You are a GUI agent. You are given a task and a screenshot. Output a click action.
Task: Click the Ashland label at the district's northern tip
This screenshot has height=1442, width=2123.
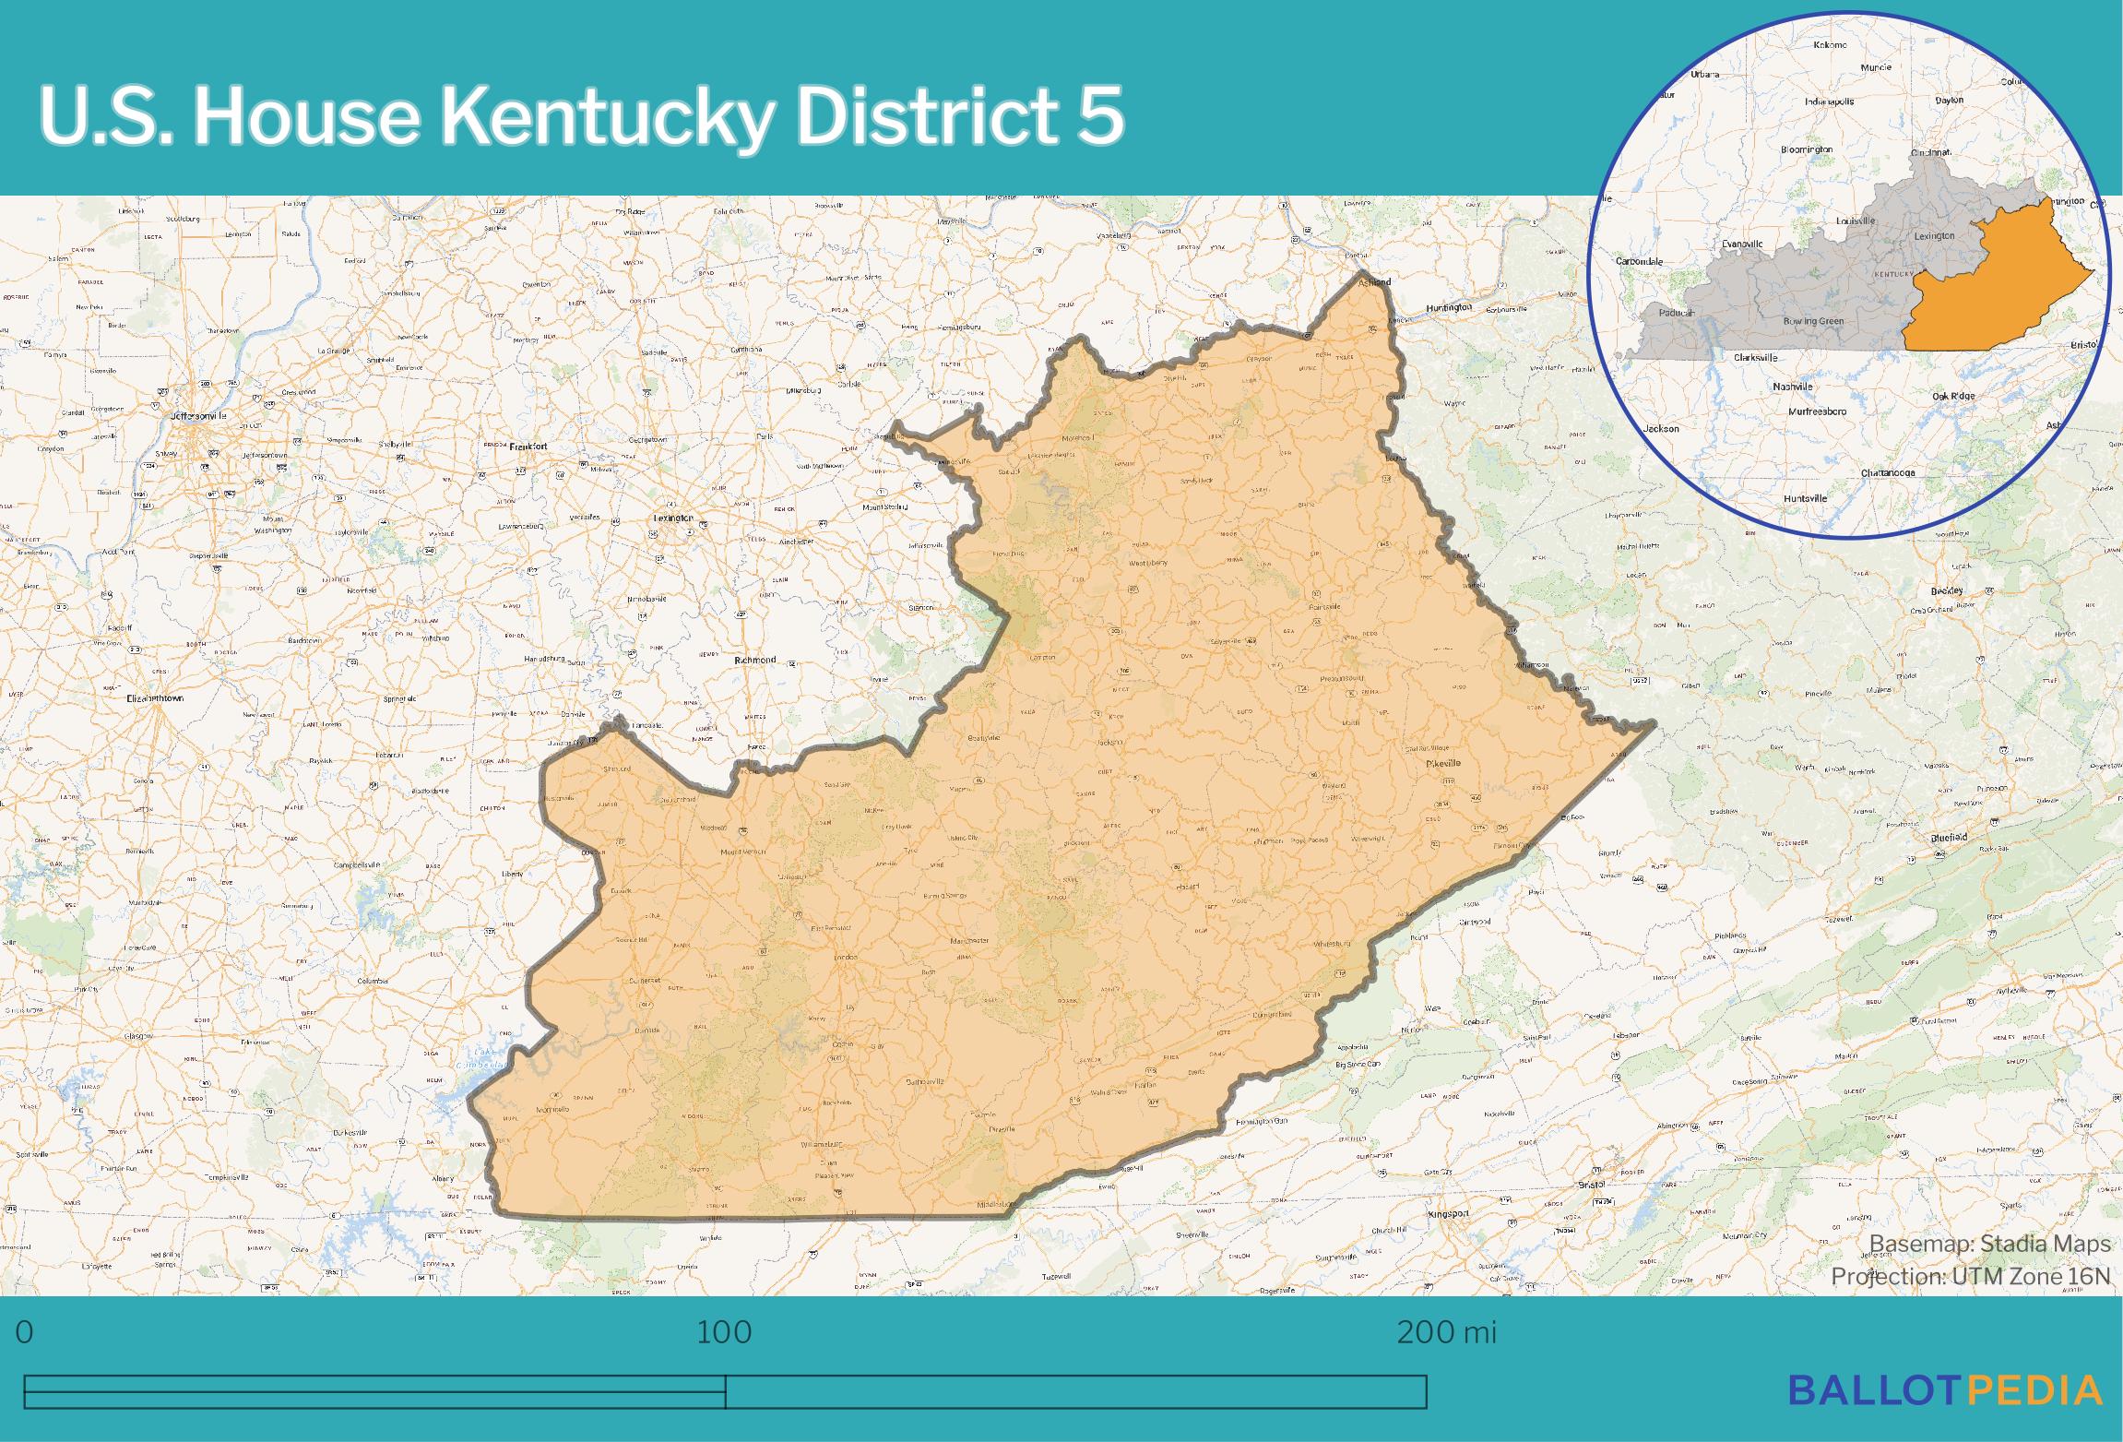[x=1374, y=282]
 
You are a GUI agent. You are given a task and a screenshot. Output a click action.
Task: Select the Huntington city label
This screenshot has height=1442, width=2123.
[x=1449, y=307]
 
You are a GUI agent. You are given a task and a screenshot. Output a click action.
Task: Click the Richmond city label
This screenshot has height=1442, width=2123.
[x=755, y=661]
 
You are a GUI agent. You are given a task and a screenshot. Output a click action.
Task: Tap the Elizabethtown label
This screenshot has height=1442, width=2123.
[x=155, y=698]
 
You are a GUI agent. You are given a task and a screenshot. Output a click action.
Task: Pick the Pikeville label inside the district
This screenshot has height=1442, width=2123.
[x=1443, y=764]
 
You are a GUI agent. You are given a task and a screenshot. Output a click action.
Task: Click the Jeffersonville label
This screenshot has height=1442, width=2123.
[x=198, y=416]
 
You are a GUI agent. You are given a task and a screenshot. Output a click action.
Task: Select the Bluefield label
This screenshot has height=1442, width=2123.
[x=1950, y=838]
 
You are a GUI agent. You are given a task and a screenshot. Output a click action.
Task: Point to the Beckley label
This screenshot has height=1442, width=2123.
[x=1947, y=591]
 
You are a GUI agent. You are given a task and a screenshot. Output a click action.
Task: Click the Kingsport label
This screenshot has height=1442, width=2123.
[x=1448, y=1214]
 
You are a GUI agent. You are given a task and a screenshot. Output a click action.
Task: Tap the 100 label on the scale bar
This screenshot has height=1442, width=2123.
[x=724, y=1332]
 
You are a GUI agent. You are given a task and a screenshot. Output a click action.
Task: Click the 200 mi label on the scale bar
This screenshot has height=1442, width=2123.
[x=1446, y=1332]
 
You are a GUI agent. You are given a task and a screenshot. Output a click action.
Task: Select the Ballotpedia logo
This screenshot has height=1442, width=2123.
[x=1945, y=1389]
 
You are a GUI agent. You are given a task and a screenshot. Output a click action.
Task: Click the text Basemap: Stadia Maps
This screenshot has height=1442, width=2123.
[x=1989, y=1244]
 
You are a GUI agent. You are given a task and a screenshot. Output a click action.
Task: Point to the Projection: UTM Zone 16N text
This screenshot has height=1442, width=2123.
[x=1970, y=1276]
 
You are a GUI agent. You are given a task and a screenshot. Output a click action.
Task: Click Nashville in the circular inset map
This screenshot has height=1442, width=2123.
[x=1793, y=387]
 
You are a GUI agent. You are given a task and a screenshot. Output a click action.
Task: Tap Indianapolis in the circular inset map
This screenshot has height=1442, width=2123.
[x=1830, y=101]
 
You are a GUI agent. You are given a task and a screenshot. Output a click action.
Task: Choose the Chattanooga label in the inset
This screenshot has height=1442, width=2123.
[x=1888, y=473]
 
